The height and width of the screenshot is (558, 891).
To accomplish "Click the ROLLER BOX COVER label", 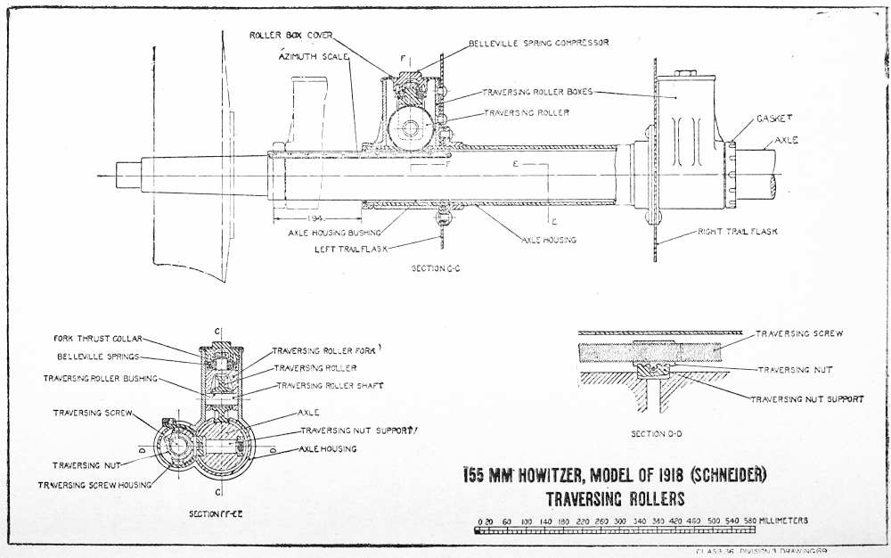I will click(x=289, y=35).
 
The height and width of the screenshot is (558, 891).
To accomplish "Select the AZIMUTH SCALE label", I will click(x=313, y=55).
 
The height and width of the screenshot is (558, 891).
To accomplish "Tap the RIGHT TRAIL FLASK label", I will click(x=740, y=231).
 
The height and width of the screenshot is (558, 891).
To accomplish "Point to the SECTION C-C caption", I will click(x=437, y=267).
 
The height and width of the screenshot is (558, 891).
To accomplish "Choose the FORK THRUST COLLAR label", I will click(x=97, y=339).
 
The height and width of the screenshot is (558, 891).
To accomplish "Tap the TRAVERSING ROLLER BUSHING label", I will click(x=100, y=378).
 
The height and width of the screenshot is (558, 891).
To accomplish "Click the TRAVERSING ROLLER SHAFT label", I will click(x=327, y=385).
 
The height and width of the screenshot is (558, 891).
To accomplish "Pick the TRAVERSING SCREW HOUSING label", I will click(x=94, y=484).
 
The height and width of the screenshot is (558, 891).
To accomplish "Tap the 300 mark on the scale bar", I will click(x=620, y=521).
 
